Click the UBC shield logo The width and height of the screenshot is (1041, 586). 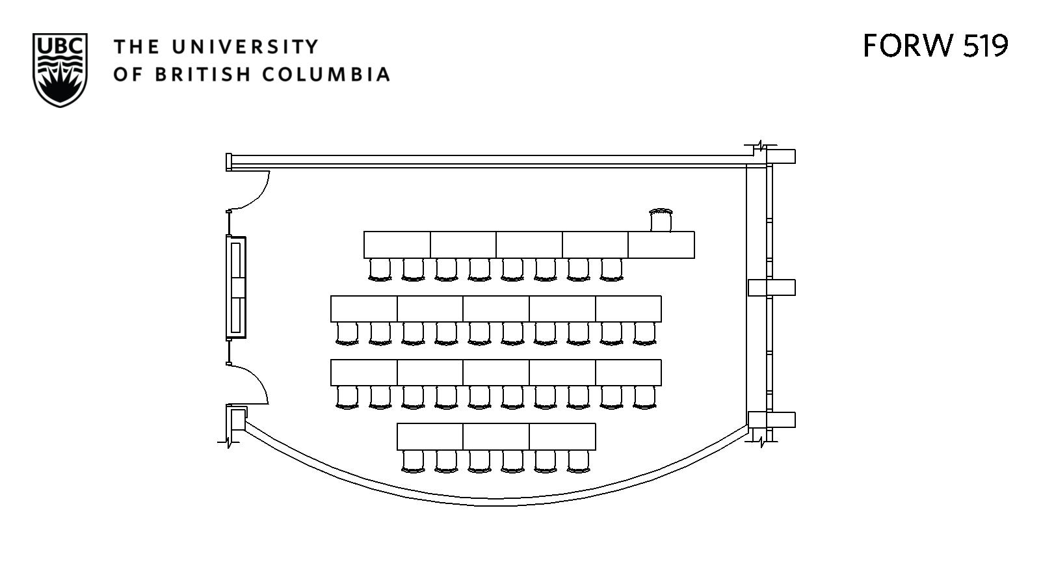60,70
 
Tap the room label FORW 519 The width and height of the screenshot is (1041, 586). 935,46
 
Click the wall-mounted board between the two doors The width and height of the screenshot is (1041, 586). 236,287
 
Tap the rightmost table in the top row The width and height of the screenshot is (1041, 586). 661,245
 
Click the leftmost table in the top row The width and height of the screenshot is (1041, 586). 397,245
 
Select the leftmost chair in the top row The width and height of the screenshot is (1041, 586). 380,269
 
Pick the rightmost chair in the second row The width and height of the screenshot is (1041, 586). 644,333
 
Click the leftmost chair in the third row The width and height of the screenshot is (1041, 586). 347,397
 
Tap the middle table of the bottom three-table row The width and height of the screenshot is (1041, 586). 496,436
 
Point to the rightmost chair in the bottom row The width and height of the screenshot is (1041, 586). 578,460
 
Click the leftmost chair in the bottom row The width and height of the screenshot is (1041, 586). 413,460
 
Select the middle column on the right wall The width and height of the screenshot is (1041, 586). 772,287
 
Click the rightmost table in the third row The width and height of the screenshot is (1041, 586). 628,373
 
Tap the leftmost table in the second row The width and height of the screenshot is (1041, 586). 363,309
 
